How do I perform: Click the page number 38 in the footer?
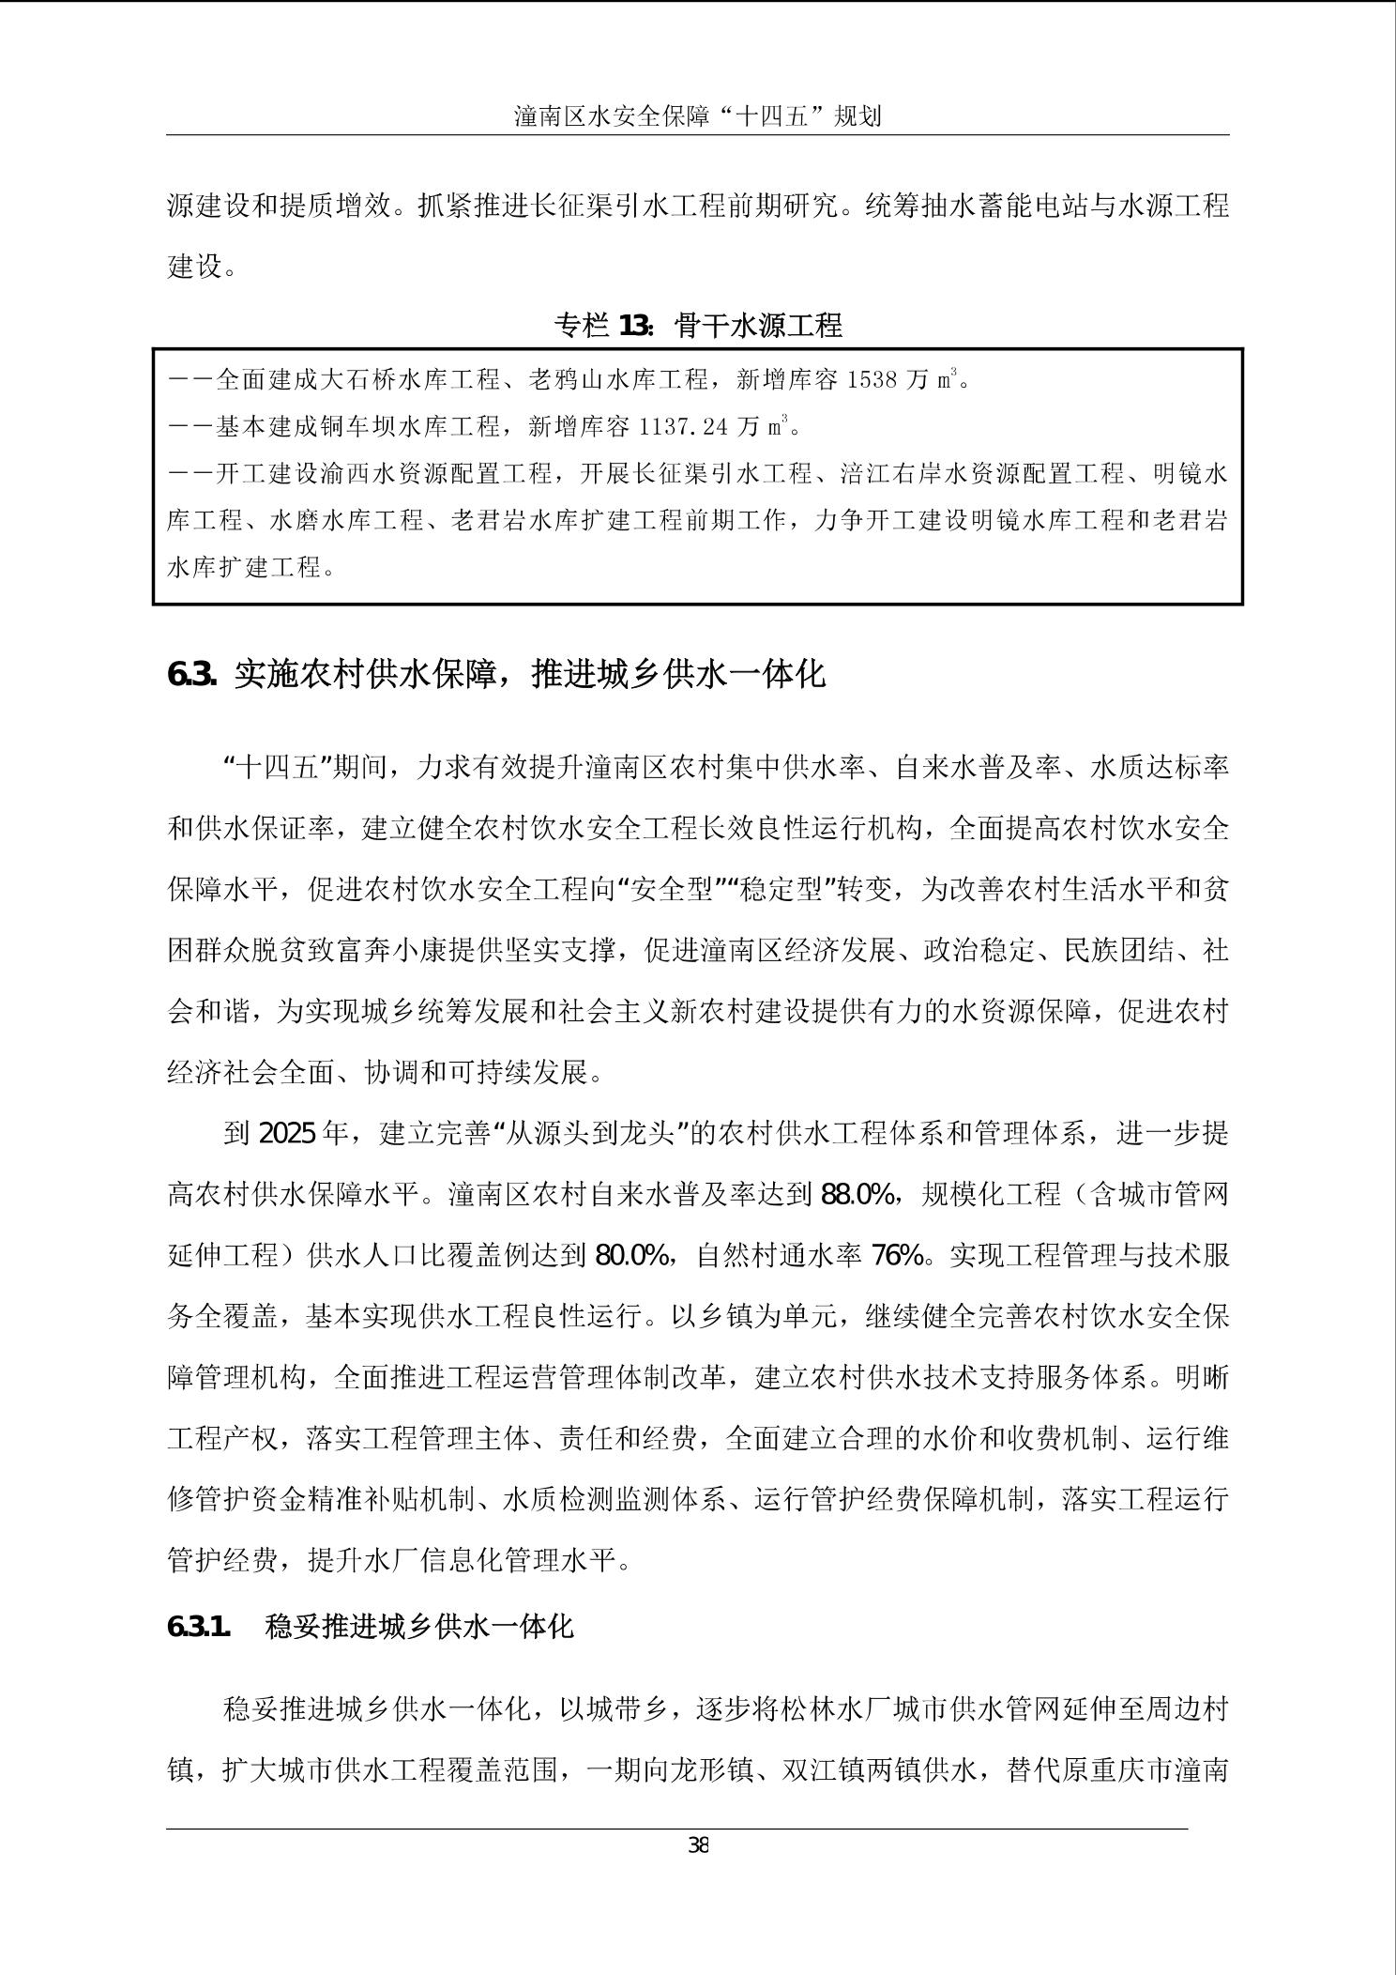(698, 1846)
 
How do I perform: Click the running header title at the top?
(698, 116)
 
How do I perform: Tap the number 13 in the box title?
(634, 326)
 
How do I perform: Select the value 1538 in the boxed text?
(873, 380)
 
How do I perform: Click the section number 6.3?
(192, 674)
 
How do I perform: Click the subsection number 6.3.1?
(199, 1626)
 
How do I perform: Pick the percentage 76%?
(898, 1256)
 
